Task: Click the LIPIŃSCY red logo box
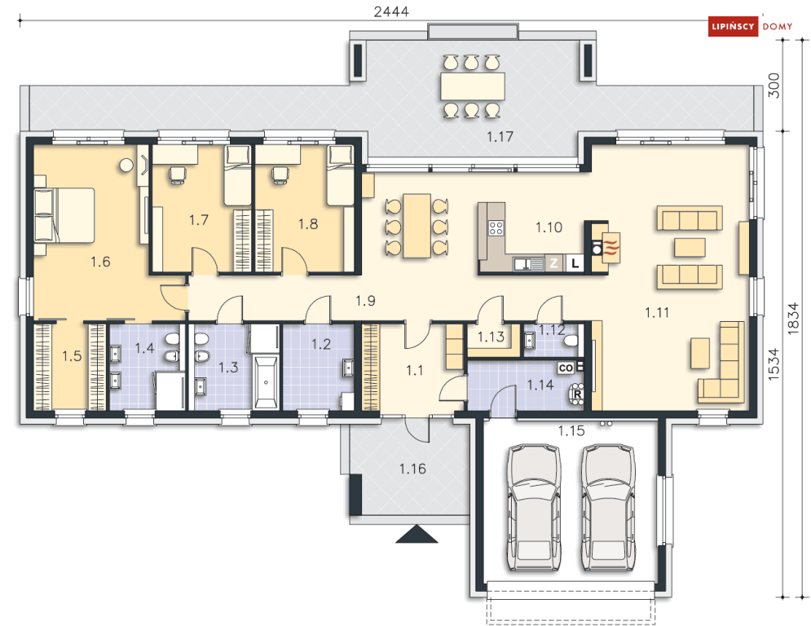pos(733,26)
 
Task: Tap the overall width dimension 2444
pos(391,11)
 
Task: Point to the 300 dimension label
pos(774,86)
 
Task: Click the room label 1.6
pos(100,262)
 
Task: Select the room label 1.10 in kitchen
pos(549,227)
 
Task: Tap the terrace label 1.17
pos(500,137)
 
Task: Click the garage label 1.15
pos(571,430)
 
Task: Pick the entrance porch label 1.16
pos(412,469)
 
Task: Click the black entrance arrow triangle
pos(417,535)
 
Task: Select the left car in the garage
pos(534,507)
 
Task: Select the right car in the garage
pos(608,507)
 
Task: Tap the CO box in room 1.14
pos(566,368)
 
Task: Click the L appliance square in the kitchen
pos(575,263)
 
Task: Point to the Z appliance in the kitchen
pos(554,263)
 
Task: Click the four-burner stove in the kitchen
pos(496,227)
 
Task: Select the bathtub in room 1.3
pos(266,381)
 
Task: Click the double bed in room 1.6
pos(64,215)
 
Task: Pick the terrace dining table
pos(473,86)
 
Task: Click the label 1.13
pos(491,337)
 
